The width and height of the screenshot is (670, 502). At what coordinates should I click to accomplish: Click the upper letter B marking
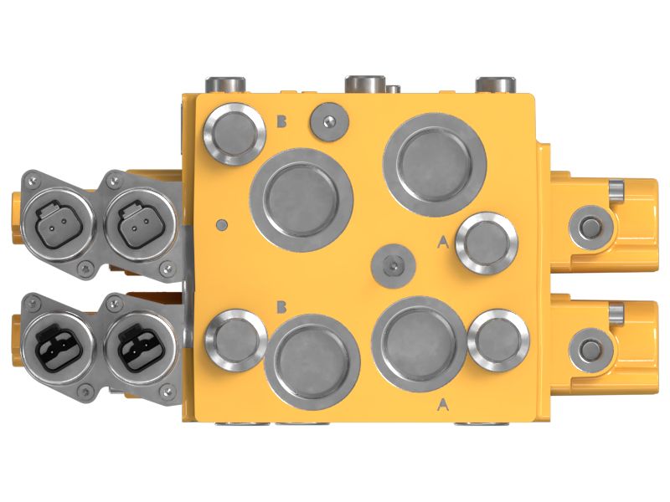[x=282, y=122]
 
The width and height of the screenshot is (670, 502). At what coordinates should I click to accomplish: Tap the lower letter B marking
[x=282, y=307]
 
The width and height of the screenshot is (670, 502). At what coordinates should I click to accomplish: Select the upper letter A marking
[x=443, y=243]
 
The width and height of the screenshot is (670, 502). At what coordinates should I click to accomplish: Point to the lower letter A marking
[x=443, y=405]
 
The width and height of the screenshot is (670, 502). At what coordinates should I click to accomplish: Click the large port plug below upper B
[x=301, y=199]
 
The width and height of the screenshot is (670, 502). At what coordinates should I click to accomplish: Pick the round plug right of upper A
[x=487, y=243]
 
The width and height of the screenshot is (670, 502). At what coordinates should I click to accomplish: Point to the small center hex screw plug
[x=391, y=265]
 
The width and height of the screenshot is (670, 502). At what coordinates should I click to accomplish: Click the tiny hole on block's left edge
[x=221, y=224]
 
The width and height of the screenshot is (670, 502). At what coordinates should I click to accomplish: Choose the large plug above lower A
[x=420, y=341]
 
